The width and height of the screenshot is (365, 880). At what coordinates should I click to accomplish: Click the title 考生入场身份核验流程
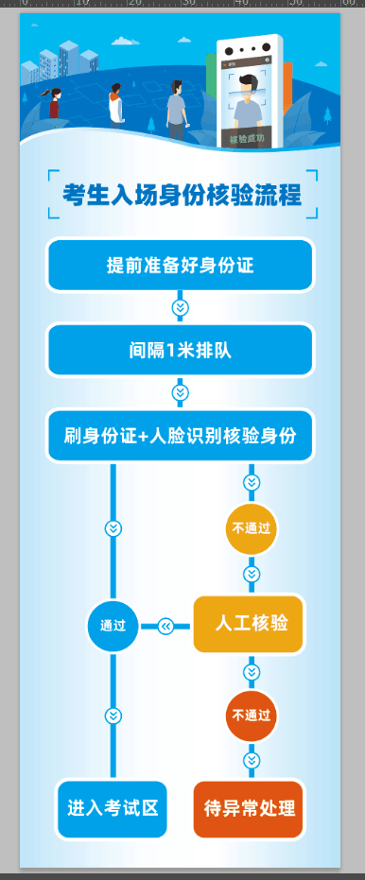tap(182, 196)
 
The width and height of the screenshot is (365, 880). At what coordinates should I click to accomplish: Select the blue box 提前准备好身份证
tap(180, 266)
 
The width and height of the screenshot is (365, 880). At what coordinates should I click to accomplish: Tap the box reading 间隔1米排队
tap(180, 351)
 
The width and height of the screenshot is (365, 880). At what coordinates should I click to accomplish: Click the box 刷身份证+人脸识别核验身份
tap(180, 436)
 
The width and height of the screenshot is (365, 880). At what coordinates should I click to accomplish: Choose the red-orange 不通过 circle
tap(252, 715)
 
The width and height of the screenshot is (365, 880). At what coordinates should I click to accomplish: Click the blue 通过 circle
tap(113, 626)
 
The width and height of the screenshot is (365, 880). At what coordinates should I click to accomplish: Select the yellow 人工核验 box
tap(249, 624)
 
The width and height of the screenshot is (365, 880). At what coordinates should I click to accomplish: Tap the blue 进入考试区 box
tap(113, 809)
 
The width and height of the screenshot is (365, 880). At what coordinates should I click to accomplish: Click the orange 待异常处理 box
tap(249, 809)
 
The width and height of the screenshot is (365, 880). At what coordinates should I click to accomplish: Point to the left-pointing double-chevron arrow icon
tap(165, 626)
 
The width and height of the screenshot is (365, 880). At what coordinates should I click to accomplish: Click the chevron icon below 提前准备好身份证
tap(180, 308)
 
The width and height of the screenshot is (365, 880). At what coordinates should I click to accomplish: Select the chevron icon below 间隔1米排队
tap(180, 392)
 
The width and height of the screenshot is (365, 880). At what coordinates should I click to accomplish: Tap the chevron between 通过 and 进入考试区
tap(113, 716)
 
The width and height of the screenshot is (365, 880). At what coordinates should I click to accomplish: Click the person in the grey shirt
tap(175, 109)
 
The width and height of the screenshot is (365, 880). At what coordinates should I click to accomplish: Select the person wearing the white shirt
tap(115, 103)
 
